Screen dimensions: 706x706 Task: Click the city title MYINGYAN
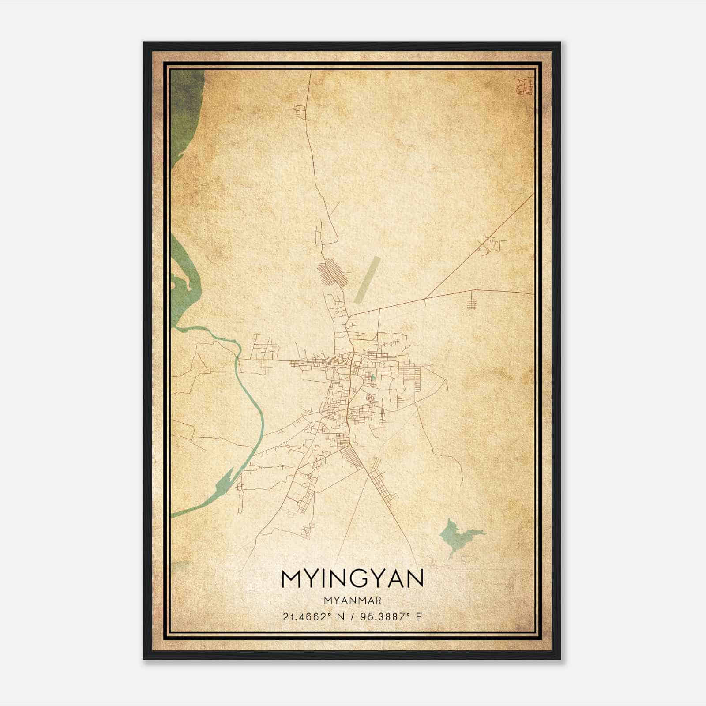352,578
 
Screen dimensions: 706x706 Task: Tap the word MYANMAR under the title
352,601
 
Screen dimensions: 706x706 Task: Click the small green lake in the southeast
457,535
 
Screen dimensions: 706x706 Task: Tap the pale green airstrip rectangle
366,280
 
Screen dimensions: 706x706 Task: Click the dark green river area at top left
185,110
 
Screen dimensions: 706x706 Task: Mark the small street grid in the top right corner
525,86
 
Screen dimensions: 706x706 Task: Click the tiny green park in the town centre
373,377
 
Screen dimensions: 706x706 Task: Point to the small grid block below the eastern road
472,304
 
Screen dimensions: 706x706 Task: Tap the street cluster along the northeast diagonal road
491,245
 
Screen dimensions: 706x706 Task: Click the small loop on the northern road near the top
300,111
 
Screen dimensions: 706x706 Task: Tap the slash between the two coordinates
352,616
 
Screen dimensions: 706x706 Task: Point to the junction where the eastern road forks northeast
425,299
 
